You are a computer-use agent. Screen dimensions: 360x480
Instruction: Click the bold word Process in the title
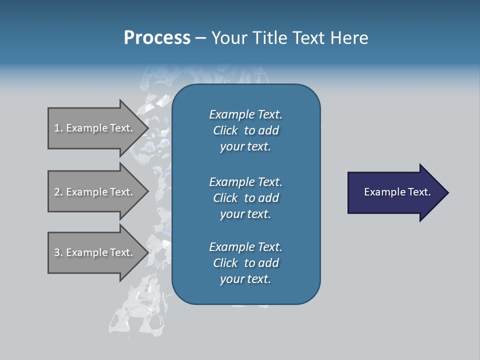point(157,38)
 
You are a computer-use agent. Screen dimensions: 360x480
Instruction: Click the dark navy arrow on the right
point(395,192)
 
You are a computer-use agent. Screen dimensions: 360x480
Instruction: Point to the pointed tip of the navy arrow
point(447,192)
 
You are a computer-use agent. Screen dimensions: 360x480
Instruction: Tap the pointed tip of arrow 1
point(147,128)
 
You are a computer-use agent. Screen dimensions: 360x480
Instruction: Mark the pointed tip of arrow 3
point(147,252)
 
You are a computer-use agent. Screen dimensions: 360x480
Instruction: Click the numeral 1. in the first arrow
point(58,128)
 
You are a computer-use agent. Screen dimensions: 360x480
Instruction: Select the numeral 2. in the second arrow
point(58,192)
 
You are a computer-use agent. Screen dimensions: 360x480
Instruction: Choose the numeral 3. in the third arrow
point(58,252)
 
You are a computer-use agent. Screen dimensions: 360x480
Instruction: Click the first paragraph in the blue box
point(246,130)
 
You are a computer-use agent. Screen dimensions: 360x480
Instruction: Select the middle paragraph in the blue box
point(246,198)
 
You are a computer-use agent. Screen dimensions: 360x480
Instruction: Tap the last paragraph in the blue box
point(246,263)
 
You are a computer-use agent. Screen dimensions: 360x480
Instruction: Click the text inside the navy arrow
point(397,192)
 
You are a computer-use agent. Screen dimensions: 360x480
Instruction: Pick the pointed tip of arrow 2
point(147,192)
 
